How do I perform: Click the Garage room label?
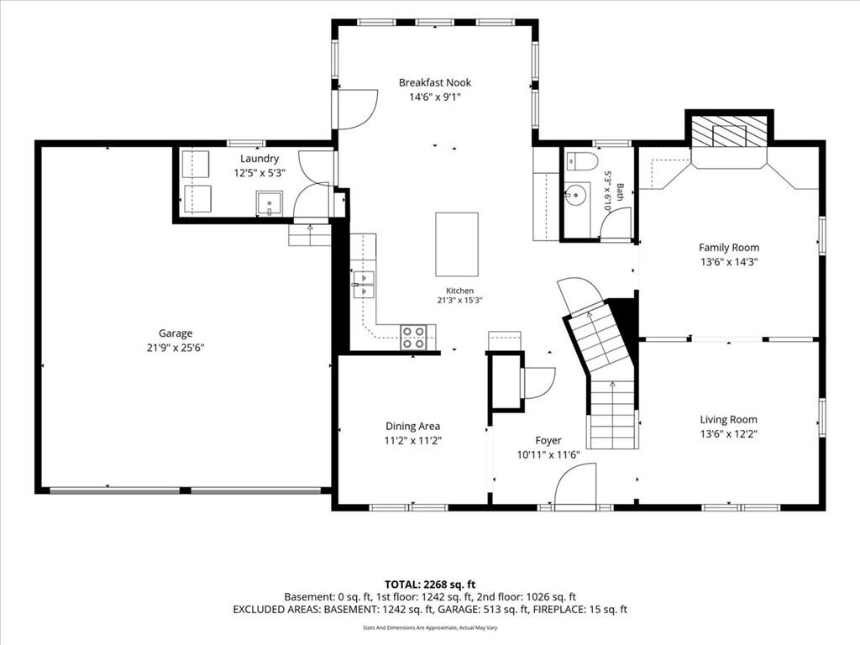click(176, 333)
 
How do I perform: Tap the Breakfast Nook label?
click(435, 83)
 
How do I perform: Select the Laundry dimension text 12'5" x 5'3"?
click(260, 173)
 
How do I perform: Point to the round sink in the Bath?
click(576, 195)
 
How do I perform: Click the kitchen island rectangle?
click(457, 244)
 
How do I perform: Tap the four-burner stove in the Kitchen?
click(414, 338)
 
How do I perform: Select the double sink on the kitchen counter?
click(363, 285)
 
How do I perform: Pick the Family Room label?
click(729, 248)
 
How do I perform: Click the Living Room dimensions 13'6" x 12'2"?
click(729, 434)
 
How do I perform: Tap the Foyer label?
click(548, 440)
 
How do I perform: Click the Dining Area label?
click(412, 426)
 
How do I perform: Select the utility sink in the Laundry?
click(270, 203)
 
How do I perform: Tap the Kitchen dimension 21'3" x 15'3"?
click(459, 301)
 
